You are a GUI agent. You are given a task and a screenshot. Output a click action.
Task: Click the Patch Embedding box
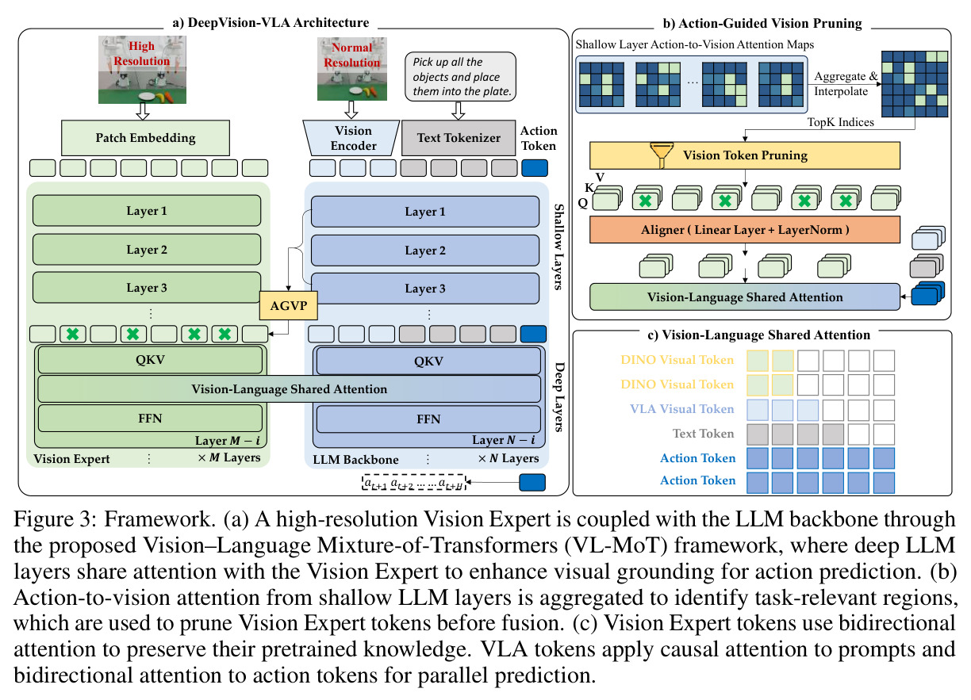tap(146, 138)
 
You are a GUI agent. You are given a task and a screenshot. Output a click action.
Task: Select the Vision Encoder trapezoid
tap(351, 138)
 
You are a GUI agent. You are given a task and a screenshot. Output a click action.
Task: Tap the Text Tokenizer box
tap(459, 138)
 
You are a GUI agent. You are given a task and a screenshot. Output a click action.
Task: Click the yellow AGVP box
tap(289, 305)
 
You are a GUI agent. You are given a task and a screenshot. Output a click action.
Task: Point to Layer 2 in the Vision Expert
tap(147, 250)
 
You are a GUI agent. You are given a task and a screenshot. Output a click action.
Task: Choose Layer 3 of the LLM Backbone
tap(425, 289)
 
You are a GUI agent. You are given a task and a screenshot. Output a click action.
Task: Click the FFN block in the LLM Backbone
tap(428, 419)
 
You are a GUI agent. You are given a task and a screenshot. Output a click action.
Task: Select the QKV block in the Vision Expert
tap(151, 360)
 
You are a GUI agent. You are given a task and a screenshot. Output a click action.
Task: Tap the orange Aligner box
tap(745, 230)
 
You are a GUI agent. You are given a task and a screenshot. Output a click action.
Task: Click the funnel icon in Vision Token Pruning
tap(662, 155)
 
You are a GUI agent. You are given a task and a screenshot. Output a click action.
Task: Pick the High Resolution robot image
tap(142, 70)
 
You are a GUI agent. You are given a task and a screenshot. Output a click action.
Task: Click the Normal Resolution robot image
tap(352, 69)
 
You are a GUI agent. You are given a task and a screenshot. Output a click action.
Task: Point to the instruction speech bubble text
tap(461, 77)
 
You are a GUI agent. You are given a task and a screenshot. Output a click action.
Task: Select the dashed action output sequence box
tap(414, 483)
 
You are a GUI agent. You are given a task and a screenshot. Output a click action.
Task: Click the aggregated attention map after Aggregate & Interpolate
tap(915, 84)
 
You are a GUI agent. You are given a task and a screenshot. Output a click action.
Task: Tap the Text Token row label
tap(703, 434)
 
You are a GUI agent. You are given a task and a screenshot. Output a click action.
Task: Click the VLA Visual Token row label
tap(682, 409)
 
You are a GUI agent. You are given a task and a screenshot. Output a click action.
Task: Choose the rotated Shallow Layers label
tap(558, 247)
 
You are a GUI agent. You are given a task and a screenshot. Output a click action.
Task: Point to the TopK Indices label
tap(841, 122)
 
